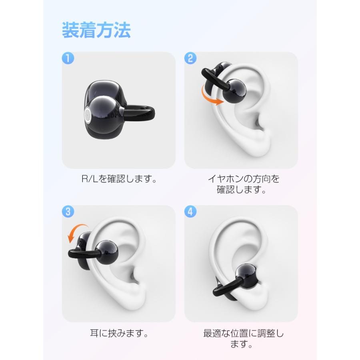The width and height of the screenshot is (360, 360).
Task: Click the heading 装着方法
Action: [x=96, y=30]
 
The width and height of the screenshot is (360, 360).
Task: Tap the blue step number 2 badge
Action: [x=190, y=58]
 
